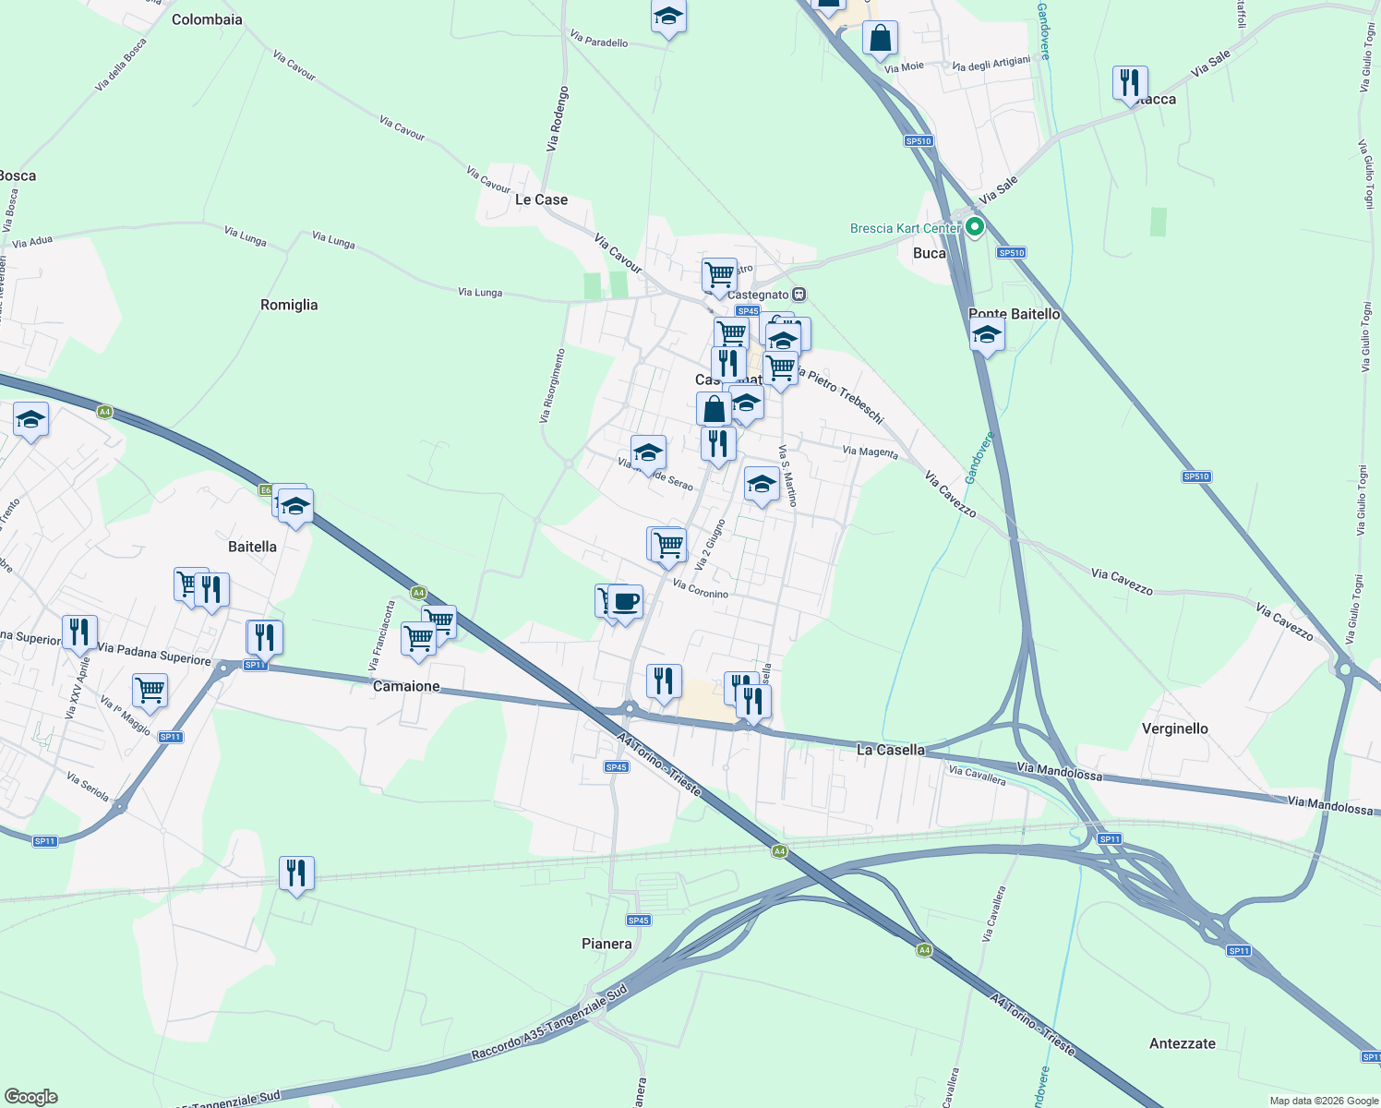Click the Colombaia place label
point(207,19)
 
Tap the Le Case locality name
point(541,199)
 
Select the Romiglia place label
point(289,305)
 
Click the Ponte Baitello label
point(1015,314)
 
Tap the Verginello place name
point(1174,729)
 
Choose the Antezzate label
point(1182,1043)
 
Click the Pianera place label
point(606,944)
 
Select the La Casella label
point(890,750)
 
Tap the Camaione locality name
point(406,686)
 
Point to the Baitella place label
point(252,547)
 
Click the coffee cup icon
point(626,601)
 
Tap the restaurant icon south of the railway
point(296,873)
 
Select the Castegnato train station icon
point(799,295)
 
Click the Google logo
point(31,1097)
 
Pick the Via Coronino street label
point(701,589)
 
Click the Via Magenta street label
point(870,452)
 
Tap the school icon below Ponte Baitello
point(987,336)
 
